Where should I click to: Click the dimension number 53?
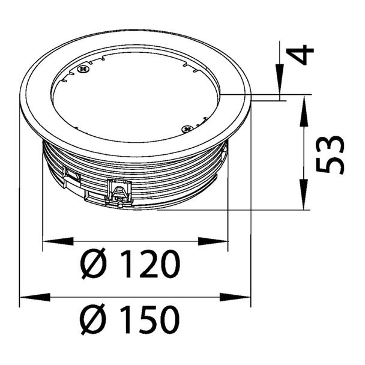coord(330,155)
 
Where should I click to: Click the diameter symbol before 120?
coord(93,264)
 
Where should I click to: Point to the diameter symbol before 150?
coord(93,319)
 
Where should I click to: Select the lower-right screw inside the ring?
coord(187,128)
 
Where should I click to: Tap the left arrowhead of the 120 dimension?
coord(58,241)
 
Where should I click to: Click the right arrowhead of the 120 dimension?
coord(213,241)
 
